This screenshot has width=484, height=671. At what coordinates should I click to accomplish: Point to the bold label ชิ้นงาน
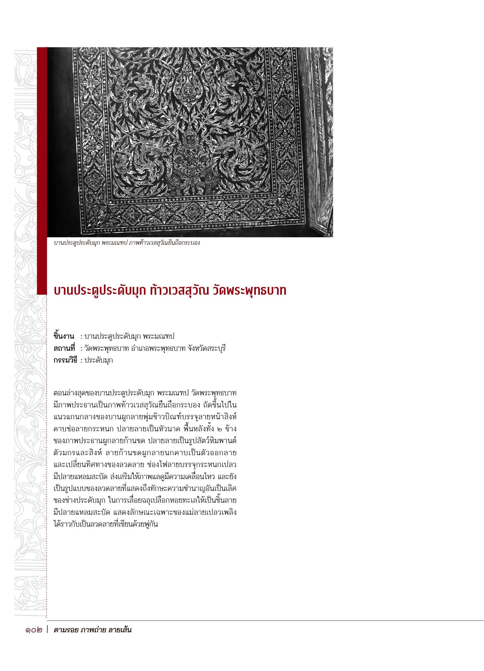coord(64,336)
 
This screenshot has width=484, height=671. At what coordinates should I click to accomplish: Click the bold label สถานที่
coord(64,348)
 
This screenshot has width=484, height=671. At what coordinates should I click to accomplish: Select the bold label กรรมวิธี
coord(64,360)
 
